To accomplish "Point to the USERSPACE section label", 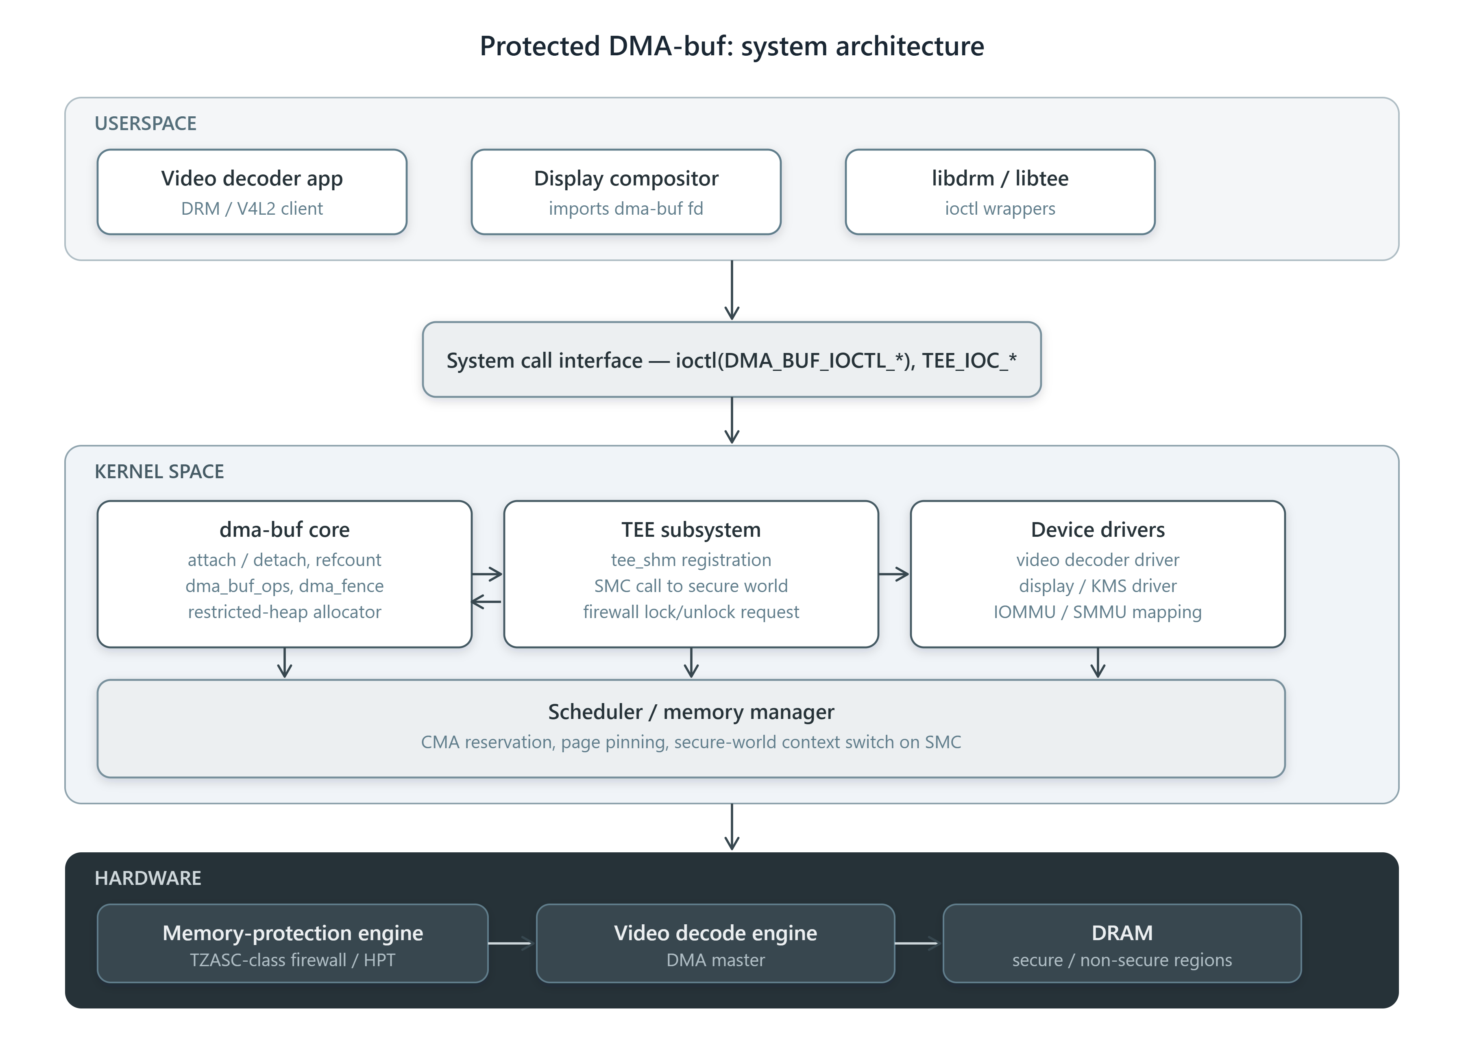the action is click(146, 123).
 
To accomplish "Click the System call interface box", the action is click(731, 359).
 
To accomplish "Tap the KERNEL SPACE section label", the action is click(159, 471).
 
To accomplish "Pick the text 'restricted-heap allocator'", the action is click(285, 612).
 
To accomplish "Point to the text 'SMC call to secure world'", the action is click(691, 586).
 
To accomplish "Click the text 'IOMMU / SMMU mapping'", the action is click(1097, 612).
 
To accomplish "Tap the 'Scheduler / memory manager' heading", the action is click(691, 712).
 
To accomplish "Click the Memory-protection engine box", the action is click(293, 943).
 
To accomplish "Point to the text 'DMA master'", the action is click(715, 960).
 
